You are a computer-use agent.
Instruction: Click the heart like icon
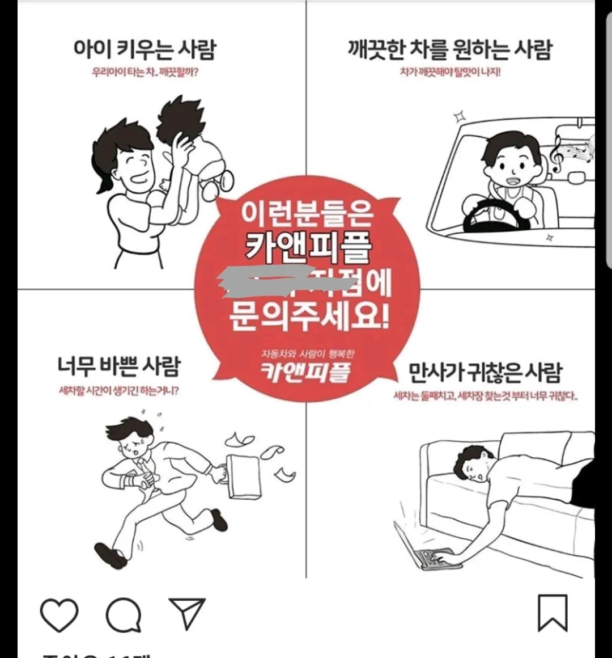(x=59, y=614)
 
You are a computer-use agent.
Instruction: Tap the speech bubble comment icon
(x=124, y=614)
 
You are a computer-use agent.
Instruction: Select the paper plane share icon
(x=186, y=613)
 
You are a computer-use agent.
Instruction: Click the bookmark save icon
(x=552, y=613)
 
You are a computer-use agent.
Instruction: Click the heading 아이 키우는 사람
(x=144, y=49)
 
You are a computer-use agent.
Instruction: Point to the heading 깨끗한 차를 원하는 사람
(x=450, y=49)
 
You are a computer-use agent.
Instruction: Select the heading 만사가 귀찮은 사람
(x=485, y=373)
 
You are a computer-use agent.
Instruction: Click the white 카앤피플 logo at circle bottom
(x=305, y=372)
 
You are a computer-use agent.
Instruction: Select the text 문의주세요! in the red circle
(x=309, y=317)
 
